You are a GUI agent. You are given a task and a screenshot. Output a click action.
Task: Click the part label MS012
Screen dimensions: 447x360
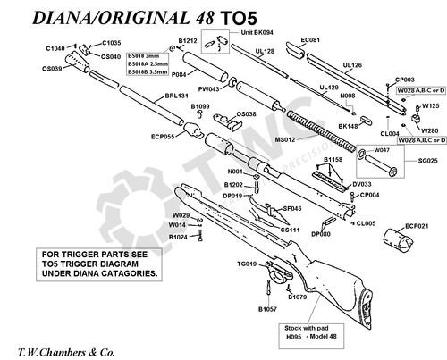[x=284, y=139]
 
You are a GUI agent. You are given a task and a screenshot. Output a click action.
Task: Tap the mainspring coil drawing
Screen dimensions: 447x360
[x=321, y=130]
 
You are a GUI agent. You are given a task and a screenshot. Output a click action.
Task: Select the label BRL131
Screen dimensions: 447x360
[x=177, y=96]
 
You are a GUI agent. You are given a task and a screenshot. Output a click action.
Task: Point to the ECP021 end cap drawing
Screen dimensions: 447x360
[x=398, y=239]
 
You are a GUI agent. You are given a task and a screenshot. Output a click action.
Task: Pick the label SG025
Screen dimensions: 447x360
[x=428, y=161]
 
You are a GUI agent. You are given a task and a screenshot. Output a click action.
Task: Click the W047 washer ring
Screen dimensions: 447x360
[x=362, y=153]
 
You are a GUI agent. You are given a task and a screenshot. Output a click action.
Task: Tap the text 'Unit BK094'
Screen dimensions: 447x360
[x=257, y=32]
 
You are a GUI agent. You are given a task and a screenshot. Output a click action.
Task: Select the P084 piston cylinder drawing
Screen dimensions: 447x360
[x=205, y=67]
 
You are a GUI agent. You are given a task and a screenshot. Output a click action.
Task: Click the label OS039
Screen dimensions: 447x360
[x=52, y=69]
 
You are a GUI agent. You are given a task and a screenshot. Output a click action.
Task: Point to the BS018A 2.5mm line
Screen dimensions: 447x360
[x=148, y=64]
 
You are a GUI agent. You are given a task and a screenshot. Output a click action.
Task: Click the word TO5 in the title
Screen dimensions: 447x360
[x=238, y=18]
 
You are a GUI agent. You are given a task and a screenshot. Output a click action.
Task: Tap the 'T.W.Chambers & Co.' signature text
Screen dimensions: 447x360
[x=66, y=353]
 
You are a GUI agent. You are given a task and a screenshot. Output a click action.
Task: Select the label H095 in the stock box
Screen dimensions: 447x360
[x=294, y=337]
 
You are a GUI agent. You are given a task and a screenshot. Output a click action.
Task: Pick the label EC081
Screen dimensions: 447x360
[x=310, y=40]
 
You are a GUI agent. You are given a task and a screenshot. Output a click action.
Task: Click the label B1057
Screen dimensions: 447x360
[x=267, y=309]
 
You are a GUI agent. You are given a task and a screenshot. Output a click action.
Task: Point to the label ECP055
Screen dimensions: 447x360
[x=163, y=137]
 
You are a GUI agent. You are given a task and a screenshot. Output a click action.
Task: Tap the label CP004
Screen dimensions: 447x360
[x=369, y=195]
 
